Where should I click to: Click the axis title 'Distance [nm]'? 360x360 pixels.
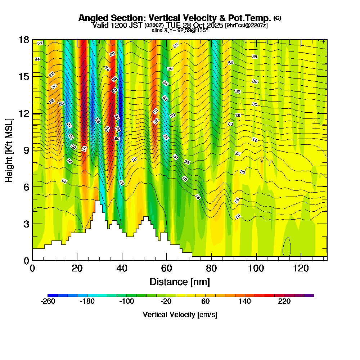click(x=180, y=282)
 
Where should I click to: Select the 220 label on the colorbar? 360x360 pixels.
click(x=284, y=302)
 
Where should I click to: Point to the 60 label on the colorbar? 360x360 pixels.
click(x=205, y=302)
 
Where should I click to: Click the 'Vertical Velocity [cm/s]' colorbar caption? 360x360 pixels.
click(x=180, y=315)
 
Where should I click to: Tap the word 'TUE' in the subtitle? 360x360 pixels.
click(x=174, y=26)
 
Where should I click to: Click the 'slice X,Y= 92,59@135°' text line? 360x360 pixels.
click(x=180, y=31)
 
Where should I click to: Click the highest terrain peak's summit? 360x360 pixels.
click(x=97, y=201)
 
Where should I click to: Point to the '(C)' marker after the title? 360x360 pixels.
click(x=277, y=18)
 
